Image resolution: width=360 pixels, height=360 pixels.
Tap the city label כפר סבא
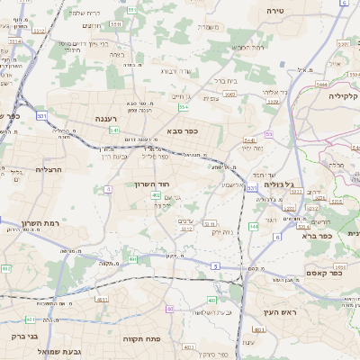pyautogui.click(x=182, y=130)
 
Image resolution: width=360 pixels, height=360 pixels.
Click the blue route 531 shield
pyautogui.click(x=41, y=115)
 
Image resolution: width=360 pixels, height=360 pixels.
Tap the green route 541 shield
pyautogui.click(x=114, y=130)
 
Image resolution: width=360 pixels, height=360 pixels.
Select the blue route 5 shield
pyautogui.click(x=216, y=265)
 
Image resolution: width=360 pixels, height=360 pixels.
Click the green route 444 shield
pyautogui.click(x=253, y=227)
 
